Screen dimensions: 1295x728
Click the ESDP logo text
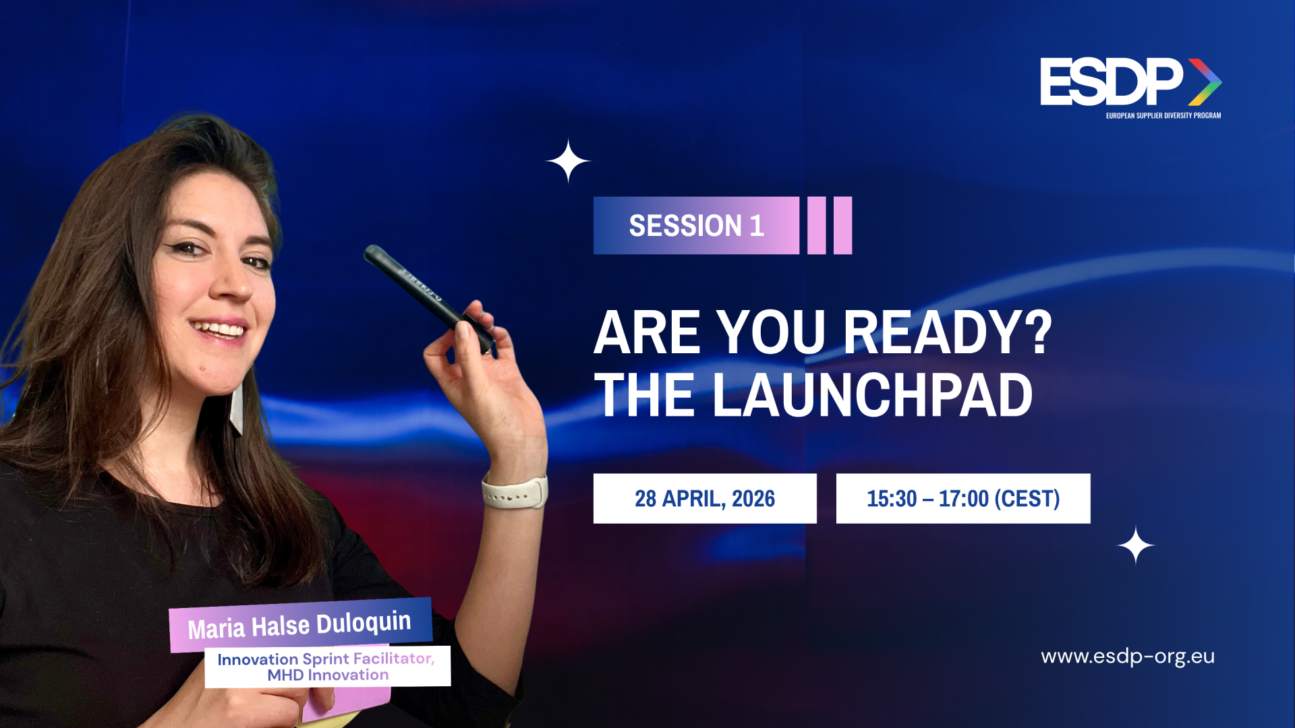click(1112, 82)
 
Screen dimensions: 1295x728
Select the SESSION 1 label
click(696, 225)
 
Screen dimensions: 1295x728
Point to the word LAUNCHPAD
click(872, 396)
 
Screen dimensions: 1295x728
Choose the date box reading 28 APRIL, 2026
click(705, 498)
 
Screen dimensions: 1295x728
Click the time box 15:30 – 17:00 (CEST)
click(963, 498)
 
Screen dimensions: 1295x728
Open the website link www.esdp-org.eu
click(1128, 657)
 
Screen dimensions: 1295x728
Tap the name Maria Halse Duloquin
click(299, 625)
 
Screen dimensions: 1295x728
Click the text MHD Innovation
click(328, 675)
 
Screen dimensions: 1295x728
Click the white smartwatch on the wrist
click(515, 492)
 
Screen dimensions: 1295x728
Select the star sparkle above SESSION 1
click(568, 161)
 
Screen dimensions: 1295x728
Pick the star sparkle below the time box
click(1136, 545)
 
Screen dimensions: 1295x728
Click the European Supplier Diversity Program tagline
click(1163, 115)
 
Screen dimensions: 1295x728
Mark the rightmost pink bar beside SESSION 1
click(843, 225)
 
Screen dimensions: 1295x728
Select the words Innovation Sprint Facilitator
click(326, 659)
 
